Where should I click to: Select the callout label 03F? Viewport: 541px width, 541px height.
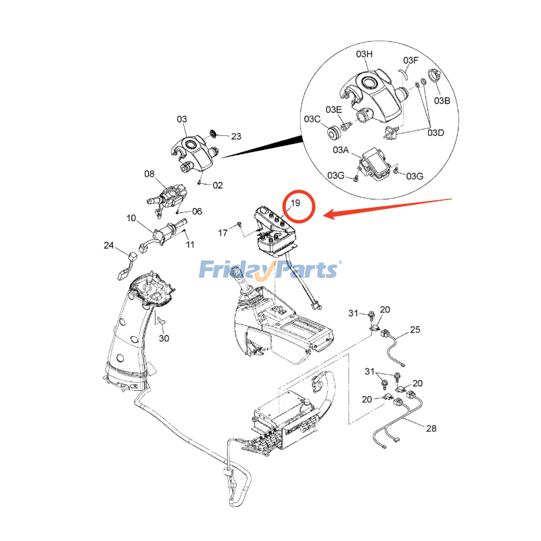411,60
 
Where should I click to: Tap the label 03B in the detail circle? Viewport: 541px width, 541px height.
442,101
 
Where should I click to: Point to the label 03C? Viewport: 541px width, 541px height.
312,119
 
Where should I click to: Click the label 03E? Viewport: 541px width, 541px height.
333,110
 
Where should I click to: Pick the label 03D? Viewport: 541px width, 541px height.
436,132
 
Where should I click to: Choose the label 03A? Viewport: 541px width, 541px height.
340,150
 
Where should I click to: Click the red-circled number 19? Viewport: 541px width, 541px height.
295,204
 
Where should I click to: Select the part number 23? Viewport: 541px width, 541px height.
236,137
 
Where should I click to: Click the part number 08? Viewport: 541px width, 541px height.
149,174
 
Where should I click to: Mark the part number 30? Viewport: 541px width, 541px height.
164,338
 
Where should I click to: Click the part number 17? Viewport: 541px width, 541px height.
222,233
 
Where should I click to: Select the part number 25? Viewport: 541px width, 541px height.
415,329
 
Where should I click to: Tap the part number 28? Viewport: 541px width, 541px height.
431,429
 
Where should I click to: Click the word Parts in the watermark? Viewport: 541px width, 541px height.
308,269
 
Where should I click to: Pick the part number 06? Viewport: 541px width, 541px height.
197,211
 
